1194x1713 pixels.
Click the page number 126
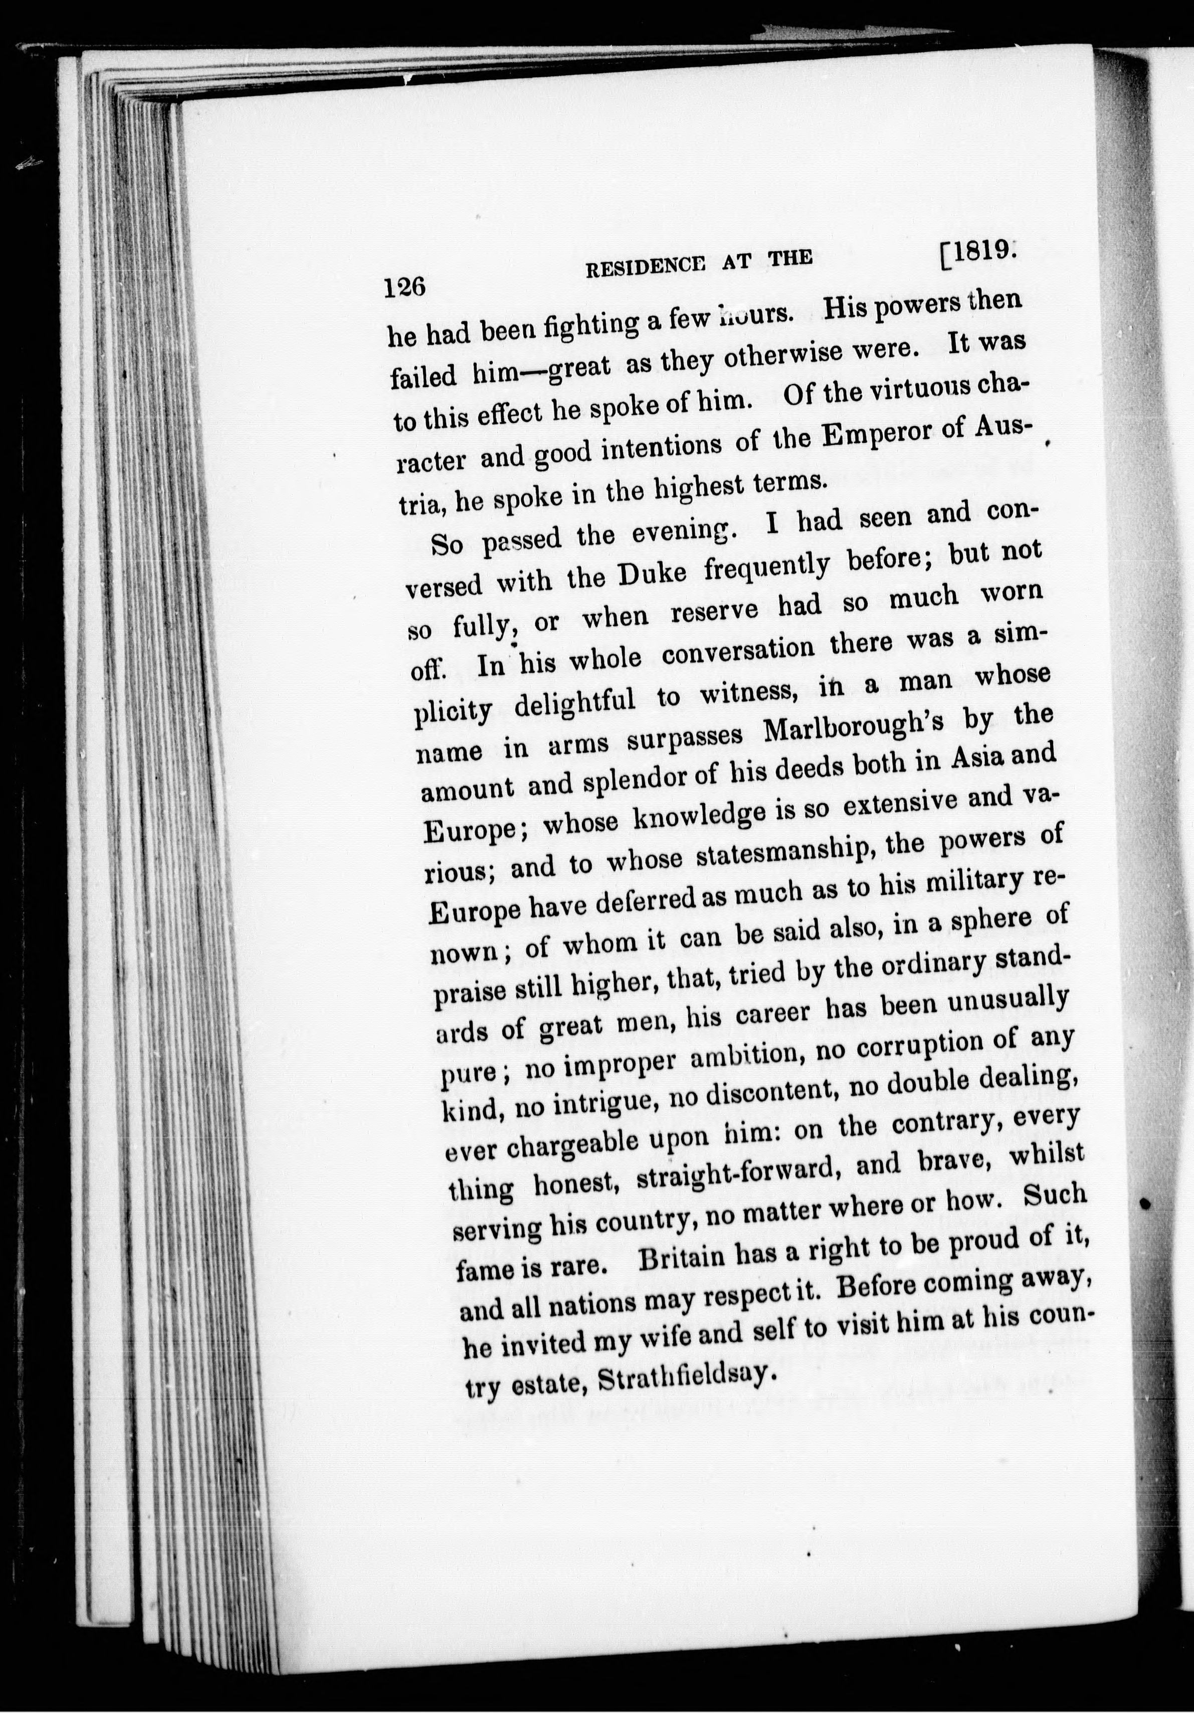pyautogui.click(x=404, y=288)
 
